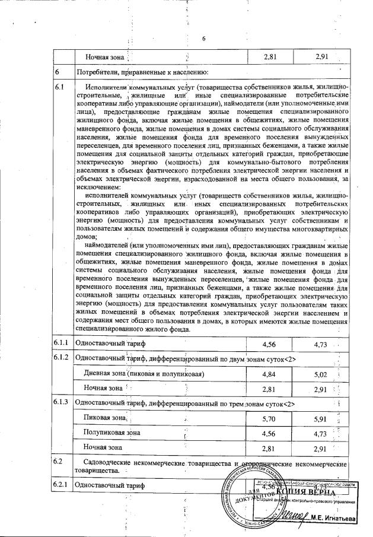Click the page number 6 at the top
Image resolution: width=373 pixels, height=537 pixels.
click(x=203, y=39)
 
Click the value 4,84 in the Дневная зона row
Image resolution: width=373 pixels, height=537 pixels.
click(x=270, y=374)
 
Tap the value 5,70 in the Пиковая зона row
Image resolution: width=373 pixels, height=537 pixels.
click(x=270, y=418)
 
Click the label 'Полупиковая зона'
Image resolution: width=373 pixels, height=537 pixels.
click(x=111, y=433)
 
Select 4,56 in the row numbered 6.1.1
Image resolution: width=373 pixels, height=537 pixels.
click(x=270, y=344)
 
